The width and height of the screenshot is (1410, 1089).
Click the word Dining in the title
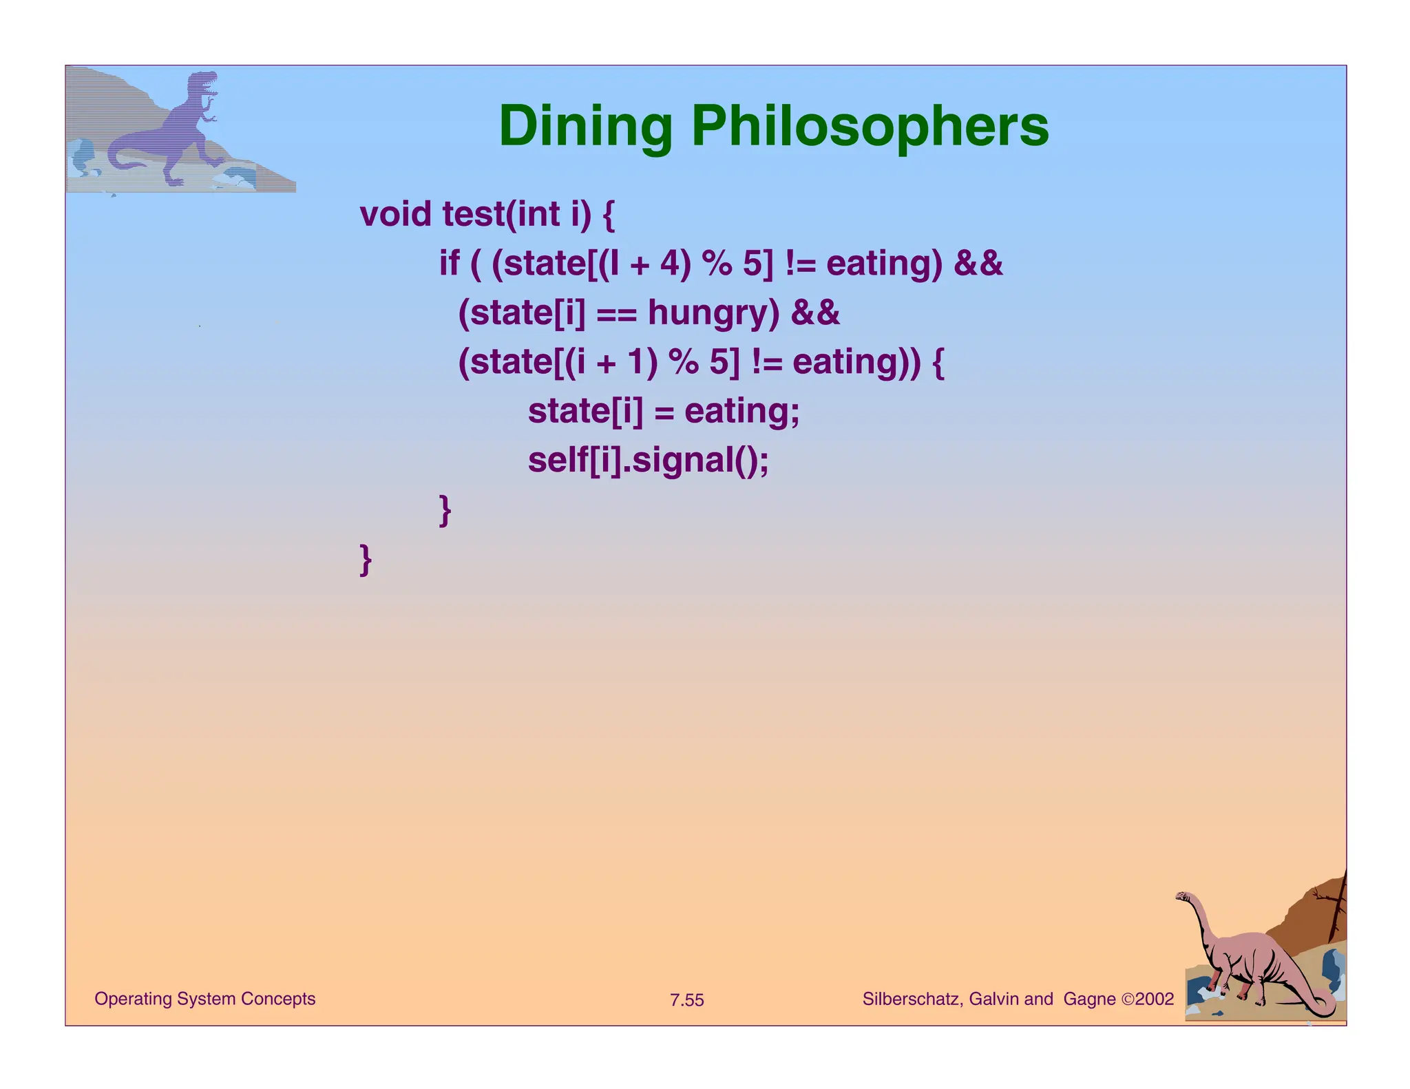click(x=585, y=127)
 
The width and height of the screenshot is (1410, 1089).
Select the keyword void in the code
click(x=395, y=214)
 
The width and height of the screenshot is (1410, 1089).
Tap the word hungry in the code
click(x=713, y=313)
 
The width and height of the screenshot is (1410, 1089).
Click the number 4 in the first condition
click(x=670, y=264)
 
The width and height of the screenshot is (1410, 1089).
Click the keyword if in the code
click(x=449, y=264)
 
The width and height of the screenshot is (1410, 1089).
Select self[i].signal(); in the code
click(x=648, y=461)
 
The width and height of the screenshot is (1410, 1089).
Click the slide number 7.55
click(x=687, y=1000)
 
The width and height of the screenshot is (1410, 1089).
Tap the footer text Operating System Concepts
click(x=204, y=999)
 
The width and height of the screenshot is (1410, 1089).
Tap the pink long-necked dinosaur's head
click(x=1183, y=897)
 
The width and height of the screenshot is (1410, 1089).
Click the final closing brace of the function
click(x=366, y=559)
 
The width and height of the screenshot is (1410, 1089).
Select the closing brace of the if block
click(x=445, y=510)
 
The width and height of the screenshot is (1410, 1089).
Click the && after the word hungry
click(x=815, y=313)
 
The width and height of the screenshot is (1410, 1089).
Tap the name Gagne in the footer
click(x=1089, y=999)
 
